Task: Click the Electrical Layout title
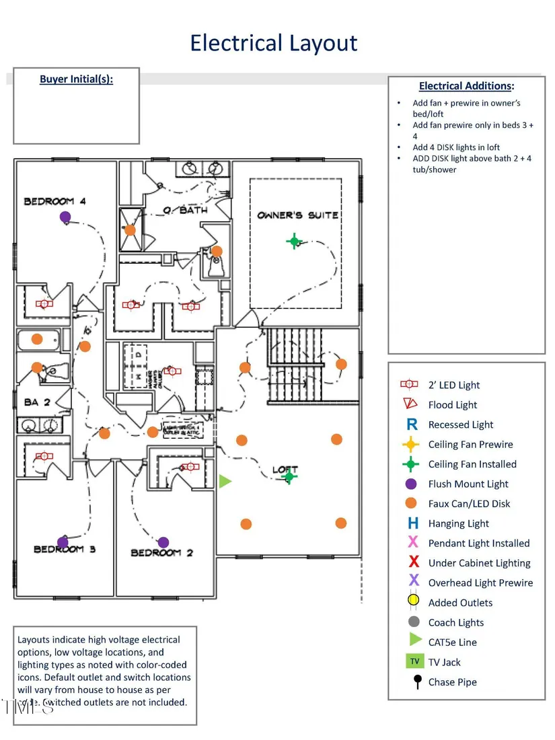click(273, 43)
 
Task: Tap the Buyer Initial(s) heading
click(76, 79)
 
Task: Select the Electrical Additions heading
click(466, 85)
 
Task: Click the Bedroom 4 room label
click(55, 200)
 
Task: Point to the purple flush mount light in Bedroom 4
click(65, 217)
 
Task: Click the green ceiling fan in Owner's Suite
click(294, 241)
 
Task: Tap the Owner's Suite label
click(297, 215)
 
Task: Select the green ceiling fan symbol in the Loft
click(289, 476)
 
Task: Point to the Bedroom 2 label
click(161, 553)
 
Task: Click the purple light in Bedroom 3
click(63, 542)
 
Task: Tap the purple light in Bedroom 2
click(163, 542)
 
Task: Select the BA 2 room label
click(38, 402)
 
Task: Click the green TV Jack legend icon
click(414, 662)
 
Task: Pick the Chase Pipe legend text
click(452, 682)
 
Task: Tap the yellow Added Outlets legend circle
click(414, 602)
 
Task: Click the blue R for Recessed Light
click(412, 424)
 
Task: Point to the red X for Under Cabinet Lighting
click(414, 562)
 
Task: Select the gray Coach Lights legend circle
click(414, 622)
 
